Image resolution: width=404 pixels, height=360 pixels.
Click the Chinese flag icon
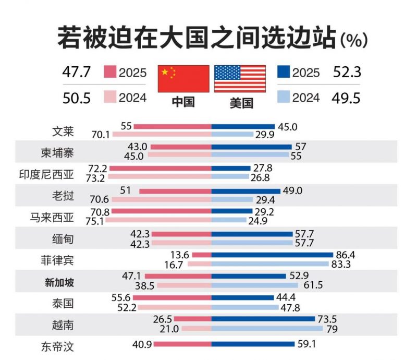tap(183, 79)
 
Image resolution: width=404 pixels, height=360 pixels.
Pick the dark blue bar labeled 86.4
tap(272, 255)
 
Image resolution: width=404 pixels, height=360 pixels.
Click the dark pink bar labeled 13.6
tap(202, 255)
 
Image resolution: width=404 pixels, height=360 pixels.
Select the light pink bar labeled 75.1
tap(161, 220)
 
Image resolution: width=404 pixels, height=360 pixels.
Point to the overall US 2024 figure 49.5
tap(347, 98)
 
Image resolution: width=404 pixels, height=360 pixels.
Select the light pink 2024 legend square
tap(110, 98)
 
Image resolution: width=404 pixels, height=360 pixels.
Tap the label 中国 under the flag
tap(183, 102)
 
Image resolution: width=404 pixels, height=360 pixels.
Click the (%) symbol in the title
tap(354, 39)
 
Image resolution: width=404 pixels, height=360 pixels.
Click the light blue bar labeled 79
tap(267, 329)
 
